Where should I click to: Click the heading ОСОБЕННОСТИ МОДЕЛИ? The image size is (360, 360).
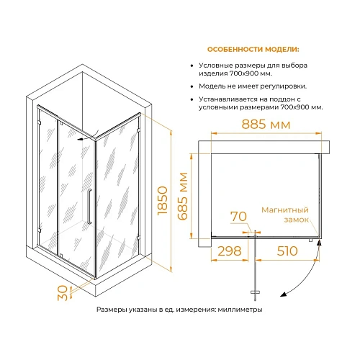[x=253, y=50]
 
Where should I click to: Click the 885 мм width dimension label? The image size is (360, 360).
[x=266, y=125]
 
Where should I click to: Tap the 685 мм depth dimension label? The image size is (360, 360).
[x=183, y=196]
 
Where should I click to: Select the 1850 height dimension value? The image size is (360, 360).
[x=163, y=200]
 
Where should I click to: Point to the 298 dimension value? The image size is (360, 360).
[x=230, y=251]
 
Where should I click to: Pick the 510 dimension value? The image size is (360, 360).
[x=287, y=251]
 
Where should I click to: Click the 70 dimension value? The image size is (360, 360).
[x=238, y=217]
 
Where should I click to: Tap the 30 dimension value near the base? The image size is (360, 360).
[x=63, y=292]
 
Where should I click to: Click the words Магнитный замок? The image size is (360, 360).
[x=285, y=215]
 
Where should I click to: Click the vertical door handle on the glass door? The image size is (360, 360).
[x=89, y=207]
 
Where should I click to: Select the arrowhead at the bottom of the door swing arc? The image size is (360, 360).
[x=284, y=294]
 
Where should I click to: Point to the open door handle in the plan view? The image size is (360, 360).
[x=255, y=292]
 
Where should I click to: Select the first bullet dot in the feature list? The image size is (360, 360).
[x=192, y=66]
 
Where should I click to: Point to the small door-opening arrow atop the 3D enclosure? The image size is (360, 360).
[x=88, y=136]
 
